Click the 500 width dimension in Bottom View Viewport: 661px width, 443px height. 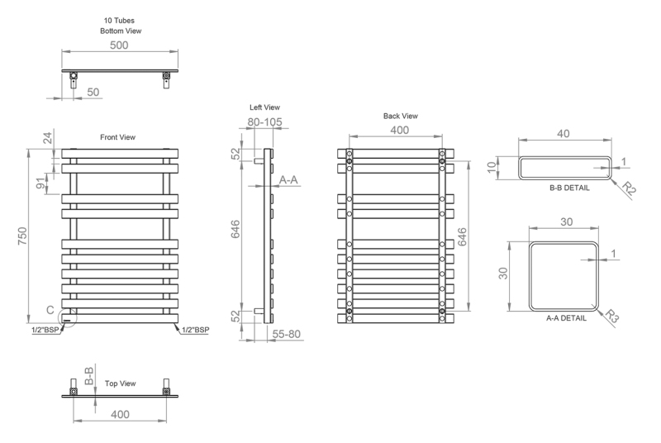119,45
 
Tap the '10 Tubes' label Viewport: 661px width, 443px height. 119,20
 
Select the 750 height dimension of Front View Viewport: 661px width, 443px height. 22,236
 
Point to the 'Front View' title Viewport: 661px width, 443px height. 117,137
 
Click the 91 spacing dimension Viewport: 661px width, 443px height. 40,183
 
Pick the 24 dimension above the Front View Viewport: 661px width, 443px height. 48,138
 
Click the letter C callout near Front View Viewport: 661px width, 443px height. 50,310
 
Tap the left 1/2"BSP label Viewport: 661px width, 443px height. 45,330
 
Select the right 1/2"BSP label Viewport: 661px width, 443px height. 195,330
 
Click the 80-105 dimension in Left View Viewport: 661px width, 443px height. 264,121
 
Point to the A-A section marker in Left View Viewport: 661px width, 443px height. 288,180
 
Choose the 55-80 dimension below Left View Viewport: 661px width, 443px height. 286,334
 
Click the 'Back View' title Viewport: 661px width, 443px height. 401,116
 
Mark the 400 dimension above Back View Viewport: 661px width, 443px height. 399,130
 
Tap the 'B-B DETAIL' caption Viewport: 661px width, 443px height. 569,188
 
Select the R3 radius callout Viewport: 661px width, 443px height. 611,316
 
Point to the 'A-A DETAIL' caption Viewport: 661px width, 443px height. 566,318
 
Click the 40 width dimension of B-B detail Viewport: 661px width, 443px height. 564,134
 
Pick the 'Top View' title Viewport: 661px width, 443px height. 120,383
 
